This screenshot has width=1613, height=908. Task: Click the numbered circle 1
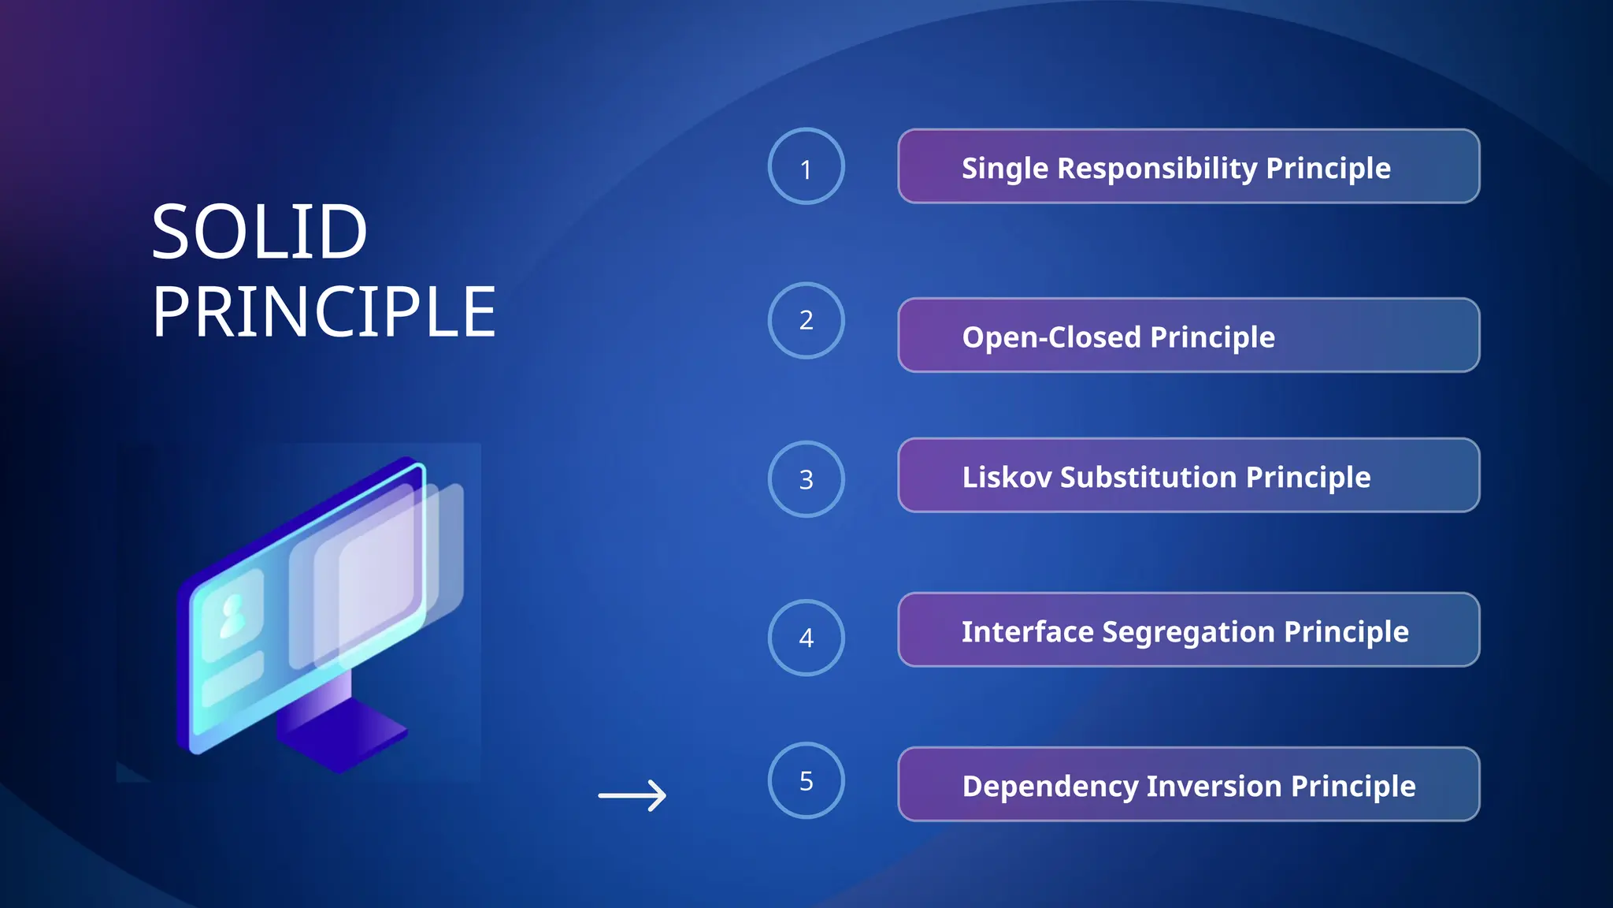[806, 166]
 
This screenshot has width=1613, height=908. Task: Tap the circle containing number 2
[806, 320]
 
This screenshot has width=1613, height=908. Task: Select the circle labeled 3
[806, 478]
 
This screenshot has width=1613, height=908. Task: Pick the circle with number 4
[806, 637]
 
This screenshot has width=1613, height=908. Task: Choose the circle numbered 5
[806, 780]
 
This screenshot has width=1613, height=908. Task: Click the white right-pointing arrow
[632, 795]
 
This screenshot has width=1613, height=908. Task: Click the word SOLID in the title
[259, 233]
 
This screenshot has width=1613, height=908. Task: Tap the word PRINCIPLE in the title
[324, 313]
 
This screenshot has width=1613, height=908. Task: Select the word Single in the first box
[1004, 169]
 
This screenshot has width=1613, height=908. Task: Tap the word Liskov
[1006, 477]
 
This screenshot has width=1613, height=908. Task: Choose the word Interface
[1027, 631]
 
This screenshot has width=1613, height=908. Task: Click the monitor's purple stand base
[343, 737]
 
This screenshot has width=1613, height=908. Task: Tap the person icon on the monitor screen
[232, 616]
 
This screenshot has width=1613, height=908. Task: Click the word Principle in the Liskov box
[1307, 477]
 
